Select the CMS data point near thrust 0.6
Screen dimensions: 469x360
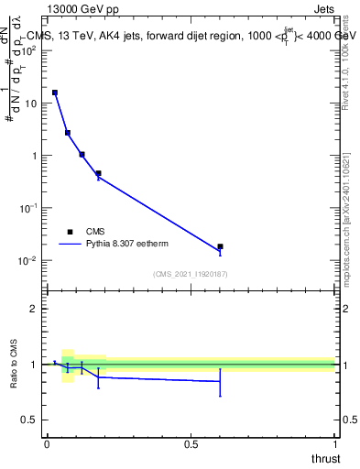(220, 246)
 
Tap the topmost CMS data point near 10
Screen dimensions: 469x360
(55, 93)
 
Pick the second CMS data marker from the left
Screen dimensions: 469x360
(68, 133)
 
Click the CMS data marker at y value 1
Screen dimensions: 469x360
(82, 155)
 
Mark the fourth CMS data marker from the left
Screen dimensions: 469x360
(98, 173)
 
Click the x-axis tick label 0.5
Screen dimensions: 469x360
(191, 444)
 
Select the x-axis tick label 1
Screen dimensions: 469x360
(334, 444)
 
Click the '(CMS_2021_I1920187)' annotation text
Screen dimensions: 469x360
(191, 274)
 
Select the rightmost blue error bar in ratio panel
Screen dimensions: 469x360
(220, 381)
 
